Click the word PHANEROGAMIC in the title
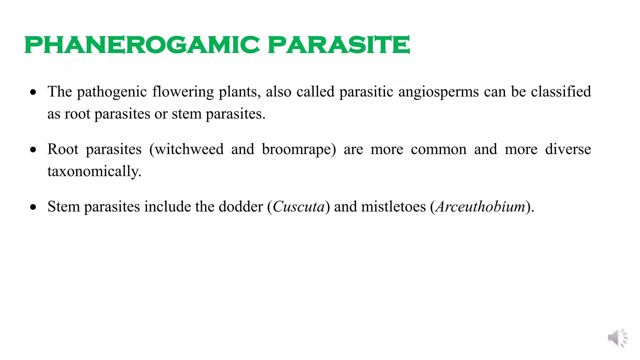142,45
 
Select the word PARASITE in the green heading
339,45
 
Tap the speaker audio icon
617,338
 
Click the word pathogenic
112,92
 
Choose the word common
438,149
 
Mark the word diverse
568,149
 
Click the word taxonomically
94,172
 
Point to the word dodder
241,207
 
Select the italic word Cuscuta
298,207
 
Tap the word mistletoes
393,207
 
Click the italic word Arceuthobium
480,207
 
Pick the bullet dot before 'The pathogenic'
33,92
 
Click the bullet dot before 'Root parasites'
33,150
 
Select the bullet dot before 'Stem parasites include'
33,207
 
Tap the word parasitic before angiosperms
366,92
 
